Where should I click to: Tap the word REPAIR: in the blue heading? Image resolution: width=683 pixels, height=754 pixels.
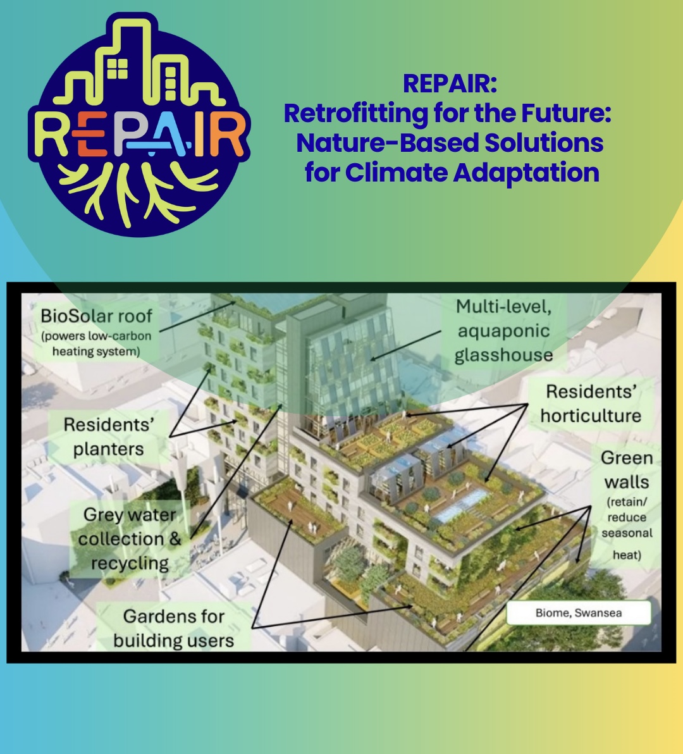pos(450,83)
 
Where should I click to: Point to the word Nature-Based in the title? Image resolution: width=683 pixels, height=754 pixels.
pos(386,143)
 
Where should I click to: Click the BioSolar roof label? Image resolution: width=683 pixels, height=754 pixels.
pos(96,316)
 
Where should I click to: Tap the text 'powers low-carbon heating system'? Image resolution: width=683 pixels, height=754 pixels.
pos(96,343)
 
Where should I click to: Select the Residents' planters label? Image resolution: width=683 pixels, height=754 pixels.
pos(108,436)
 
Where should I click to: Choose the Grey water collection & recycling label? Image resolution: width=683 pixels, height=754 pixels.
pos(130,539)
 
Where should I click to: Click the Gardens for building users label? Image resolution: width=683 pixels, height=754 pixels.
pos(174,628)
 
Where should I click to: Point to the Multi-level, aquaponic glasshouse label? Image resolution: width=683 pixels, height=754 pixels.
pos(503,331)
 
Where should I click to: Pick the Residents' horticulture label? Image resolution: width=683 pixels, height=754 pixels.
pos(591,404)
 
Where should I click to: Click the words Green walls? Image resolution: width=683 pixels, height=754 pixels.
pos(625,470)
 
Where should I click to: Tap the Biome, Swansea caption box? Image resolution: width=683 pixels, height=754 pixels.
pos(578,612)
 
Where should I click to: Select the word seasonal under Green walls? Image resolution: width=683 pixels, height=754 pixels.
pos(626,533)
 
